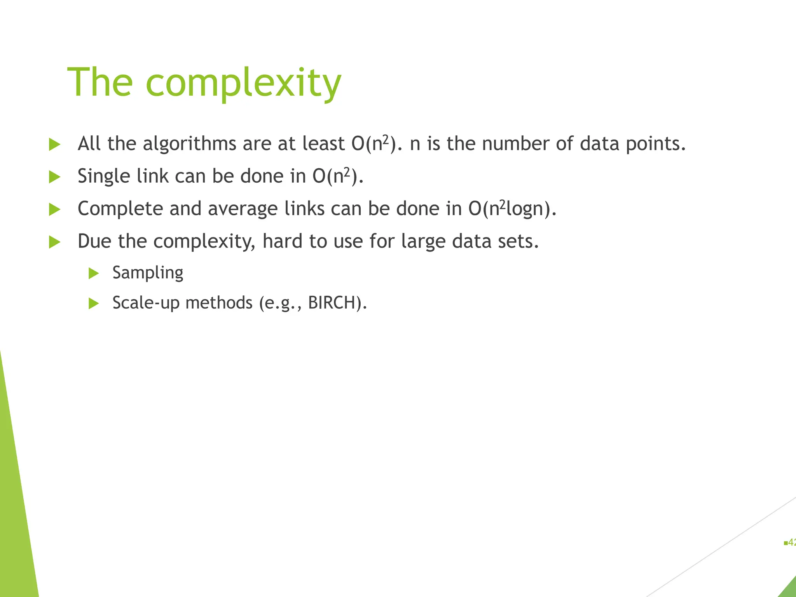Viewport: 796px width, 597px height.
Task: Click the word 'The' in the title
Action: coord(100,82)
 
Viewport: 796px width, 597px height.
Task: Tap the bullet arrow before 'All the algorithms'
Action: coord(55,145)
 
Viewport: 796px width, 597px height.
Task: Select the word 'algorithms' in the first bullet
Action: coord(189,144)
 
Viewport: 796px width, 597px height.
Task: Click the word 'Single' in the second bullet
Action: coord(104,177)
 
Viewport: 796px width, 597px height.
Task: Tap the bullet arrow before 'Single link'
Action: coord(55,177)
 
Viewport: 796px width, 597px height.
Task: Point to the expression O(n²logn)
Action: coord(512,209)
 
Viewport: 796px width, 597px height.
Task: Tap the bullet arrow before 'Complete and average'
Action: coord(55,210)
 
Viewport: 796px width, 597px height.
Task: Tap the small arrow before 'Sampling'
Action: coord(94,273)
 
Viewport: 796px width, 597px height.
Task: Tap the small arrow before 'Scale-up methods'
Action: coord(94,304)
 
